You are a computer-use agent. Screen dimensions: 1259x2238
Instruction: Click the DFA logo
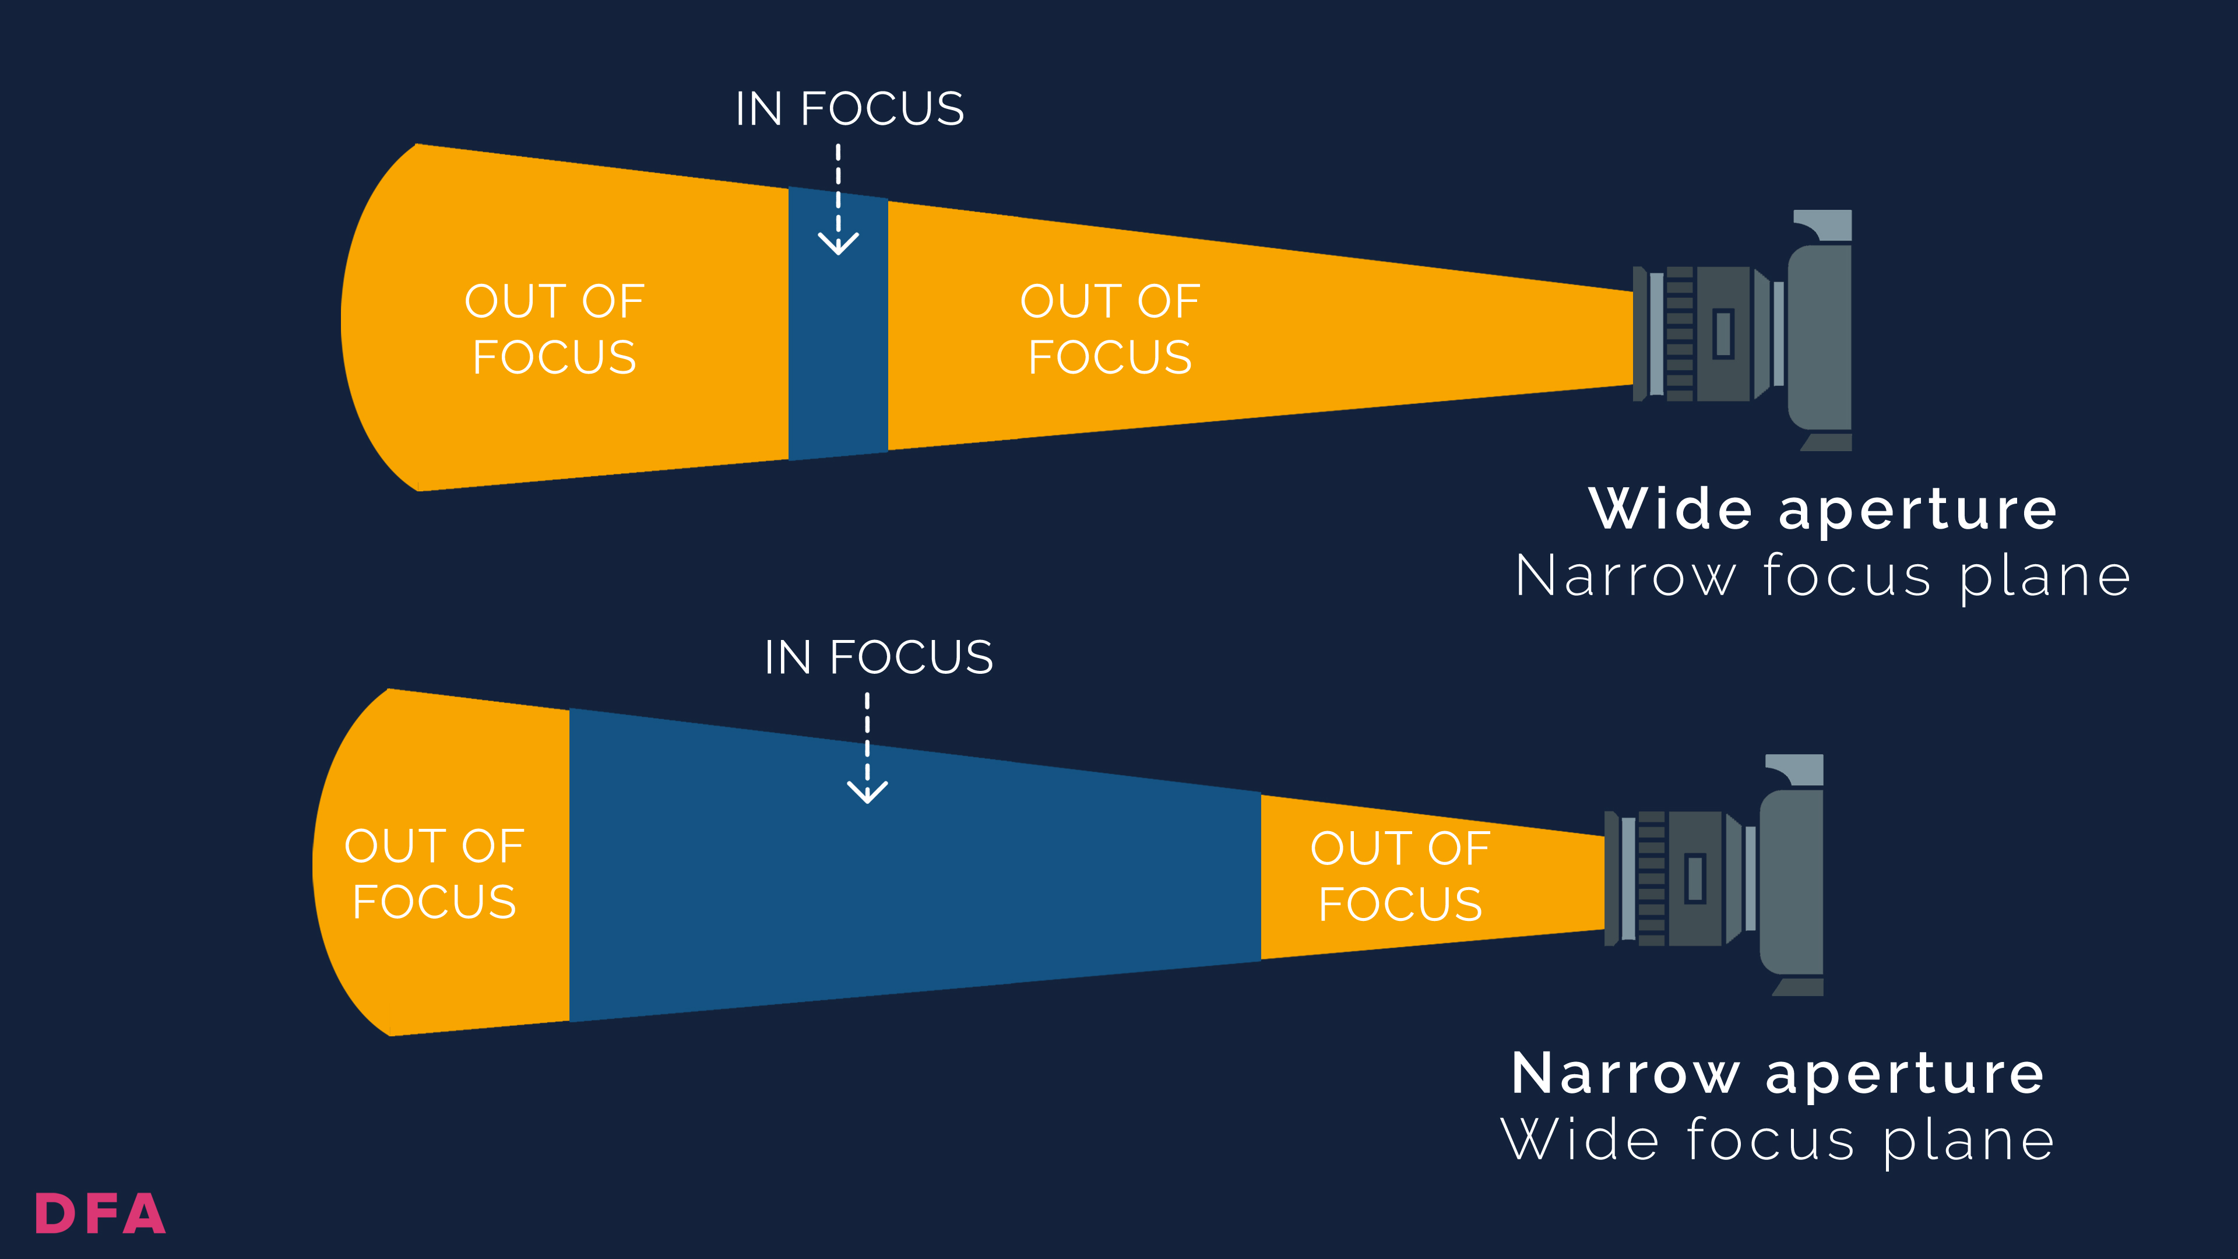click(x=100, y=1214)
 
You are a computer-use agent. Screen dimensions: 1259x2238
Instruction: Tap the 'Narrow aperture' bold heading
click(x=1778, y=1074)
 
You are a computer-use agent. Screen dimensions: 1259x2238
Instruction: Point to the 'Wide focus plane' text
click(x=1778, y=1140)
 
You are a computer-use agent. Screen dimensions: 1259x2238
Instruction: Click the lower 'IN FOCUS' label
click(x=878, y=657)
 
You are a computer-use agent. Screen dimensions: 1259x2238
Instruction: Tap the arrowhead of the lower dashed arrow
click(x=867, y=793)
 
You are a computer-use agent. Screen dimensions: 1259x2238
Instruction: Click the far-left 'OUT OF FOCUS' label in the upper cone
click(x=554, y=329)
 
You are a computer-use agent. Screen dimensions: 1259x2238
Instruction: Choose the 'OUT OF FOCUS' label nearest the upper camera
click(x=1110, y=329)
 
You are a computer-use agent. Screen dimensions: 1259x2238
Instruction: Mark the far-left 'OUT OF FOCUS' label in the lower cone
click(x=434, y=874)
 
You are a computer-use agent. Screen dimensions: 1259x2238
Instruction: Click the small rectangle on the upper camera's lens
click(x=1724, y=333)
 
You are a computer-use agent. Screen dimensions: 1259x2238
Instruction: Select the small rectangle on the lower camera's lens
click(x=1695, y=878)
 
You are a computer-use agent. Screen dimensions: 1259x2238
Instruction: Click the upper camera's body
click(x=1821, y=339)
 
